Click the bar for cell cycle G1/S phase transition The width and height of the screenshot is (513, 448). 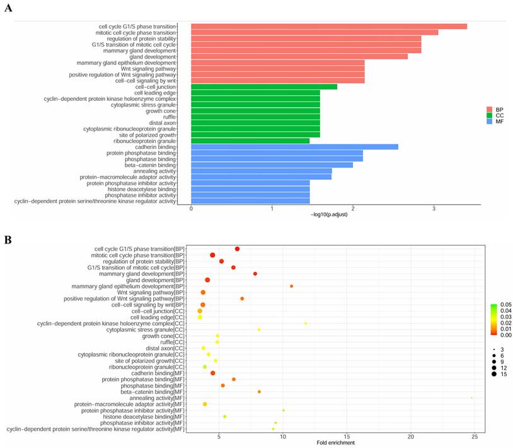point(328,27)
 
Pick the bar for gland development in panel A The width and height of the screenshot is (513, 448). point(299,57)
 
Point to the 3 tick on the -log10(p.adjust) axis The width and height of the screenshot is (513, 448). point(434,208)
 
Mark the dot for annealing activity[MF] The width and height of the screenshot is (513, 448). point(471,398)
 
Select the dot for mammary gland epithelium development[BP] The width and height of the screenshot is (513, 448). point(291,286)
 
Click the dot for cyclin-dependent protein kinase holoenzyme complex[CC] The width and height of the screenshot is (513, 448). point(306,324)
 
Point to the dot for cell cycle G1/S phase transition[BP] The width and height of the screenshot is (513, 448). point(237,249)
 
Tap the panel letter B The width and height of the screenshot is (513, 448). point(8,240)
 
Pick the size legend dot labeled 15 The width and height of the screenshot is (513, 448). point(490,374)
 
